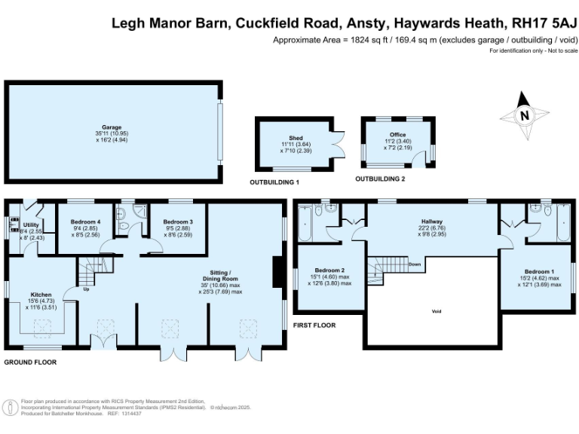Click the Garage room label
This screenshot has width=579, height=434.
[x=112, y=127]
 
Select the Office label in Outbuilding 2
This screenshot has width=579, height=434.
[x=397, y=134]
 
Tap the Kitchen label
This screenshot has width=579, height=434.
[x=41, y=295]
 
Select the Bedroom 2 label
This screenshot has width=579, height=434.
[x=332, y=270]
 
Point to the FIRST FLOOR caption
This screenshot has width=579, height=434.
[x=314, y=325]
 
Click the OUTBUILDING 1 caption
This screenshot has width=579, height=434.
[x=274, y=183]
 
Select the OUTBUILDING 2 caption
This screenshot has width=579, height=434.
[x=380, y=179]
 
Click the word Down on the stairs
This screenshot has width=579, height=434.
[x=414, y=265]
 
